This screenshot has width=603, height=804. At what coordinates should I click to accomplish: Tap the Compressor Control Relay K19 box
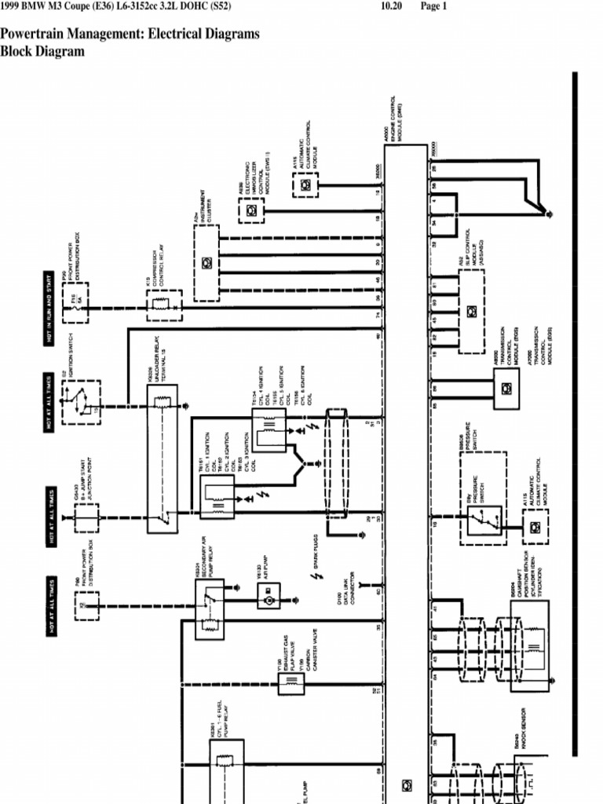tap(164, 305)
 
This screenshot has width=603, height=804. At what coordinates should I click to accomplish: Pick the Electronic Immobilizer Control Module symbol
tap(251, 210)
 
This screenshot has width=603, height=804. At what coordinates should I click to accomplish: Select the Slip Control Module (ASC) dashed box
tap(470, 311)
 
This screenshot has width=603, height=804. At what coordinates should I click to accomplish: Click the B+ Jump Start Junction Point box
tap(86, 517)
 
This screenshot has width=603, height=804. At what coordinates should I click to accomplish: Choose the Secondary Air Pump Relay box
tap(210, 608)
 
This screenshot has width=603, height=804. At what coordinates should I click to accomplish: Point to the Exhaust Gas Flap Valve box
tap(291, 683)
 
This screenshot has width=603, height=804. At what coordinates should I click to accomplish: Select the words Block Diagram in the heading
tap(42, 52)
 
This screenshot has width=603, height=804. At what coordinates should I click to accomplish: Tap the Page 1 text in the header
tap(433, 6)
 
